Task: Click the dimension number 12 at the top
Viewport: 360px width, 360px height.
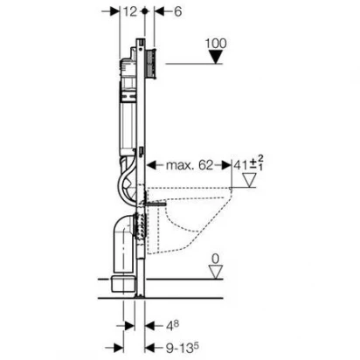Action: [129, 11]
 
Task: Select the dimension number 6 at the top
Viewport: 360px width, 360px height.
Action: [177, 11]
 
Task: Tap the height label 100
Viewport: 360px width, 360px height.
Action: [216, 44]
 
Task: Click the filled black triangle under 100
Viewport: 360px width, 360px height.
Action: [216, 57]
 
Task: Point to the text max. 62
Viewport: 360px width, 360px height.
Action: [190, 165]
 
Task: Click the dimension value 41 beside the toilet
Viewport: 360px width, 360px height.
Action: [240, 165]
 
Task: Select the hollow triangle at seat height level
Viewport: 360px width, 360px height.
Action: [250, 180]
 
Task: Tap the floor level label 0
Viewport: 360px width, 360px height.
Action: [215, 259]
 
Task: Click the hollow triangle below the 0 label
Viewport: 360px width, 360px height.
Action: [216, 272]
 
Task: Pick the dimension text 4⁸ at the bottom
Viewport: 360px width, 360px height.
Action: [172, 326]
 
